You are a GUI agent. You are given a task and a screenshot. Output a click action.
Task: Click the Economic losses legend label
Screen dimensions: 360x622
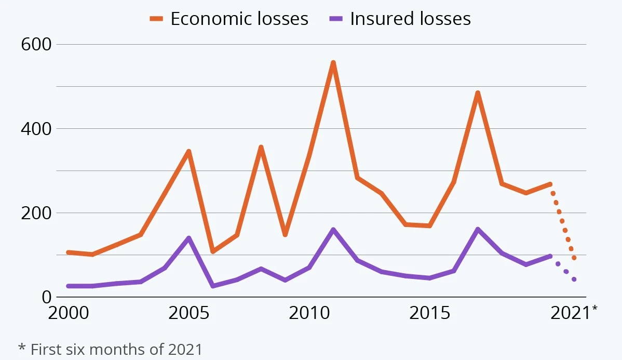239,19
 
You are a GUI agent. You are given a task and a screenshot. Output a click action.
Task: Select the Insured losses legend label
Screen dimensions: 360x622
410,19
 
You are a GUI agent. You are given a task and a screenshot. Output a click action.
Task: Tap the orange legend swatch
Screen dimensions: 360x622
156,19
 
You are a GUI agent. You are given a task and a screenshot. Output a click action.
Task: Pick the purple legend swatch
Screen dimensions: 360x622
336,19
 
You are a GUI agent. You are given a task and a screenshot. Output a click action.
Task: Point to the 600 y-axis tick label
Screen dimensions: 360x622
36,45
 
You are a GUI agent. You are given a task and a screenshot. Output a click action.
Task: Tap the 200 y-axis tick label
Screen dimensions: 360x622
36,213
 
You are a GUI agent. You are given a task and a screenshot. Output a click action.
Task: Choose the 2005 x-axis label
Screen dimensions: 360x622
188,314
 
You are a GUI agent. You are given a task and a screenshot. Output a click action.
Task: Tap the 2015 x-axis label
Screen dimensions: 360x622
429,314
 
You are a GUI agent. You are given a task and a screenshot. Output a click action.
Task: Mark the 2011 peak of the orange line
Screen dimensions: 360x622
333,63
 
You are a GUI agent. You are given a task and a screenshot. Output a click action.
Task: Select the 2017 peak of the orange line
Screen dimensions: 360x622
478,93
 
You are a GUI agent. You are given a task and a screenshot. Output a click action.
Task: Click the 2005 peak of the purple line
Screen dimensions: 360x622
188,238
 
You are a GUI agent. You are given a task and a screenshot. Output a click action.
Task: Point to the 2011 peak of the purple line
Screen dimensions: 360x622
333,229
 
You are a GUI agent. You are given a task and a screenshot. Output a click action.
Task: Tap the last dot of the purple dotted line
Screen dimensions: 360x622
574,279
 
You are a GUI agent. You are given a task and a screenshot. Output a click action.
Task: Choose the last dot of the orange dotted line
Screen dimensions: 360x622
574,258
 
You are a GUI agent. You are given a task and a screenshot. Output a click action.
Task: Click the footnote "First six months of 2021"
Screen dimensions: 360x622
110,349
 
